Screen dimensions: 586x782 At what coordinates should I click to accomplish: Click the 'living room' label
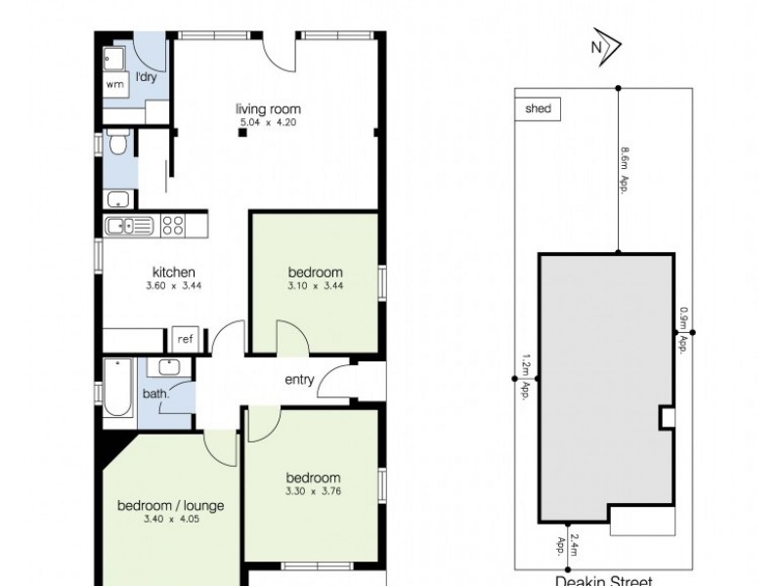coord(267,108)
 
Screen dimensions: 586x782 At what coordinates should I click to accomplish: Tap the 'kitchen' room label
coord(175,272)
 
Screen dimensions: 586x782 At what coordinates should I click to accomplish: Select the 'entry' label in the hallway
coord(299,380)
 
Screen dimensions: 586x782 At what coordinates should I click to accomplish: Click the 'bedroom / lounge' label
coord(171,505)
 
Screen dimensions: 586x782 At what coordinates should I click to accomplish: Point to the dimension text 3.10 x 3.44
coord(315,286)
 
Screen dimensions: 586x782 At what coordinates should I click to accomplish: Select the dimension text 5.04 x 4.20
coord(267,123)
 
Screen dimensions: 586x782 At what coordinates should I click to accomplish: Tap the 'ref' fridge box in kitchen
coord(185,339)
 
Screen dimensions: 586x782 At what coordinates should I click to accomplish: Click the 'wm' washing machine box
coord(115,84)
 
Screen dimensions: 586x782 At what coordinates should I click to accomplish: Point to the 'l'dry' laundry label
coord(147,76)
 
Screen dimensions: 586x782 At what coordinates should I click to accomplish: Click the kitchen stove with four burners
coord(173,226)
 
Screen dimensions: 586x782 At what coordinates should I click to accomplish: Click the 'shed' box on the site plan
coord(537,109)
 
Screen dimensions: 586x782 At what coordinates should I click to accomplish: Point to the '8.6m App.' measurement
coord(624,172)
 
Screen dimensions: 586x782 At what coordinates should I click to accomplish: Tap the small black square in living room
coord(239,134)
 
